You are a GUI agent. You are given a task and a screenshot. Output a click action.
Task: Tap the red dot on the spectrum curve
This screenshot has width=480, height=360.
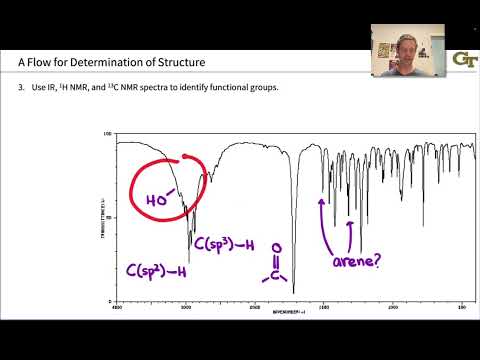(x=186, y=157)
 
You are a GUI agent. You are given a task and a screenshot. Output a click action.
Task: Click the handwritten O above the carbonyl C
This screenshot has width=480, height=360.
(x=276, y=250)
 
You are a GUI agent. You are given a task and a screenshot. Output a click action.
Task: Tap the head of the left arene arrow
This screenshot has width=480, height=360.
(x=321, y=201)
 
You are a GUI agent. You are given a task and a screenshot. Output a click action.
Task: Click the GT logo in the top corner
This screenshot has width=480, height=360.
(x=465, y=59)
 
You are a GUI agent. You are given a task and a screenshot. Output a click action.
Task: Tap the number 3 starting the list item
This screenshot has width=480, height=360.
(x=20, y=89)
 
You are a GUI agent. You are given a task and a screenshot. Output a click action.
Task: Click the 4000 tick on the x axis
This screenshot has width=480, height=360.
(x=117, y=308)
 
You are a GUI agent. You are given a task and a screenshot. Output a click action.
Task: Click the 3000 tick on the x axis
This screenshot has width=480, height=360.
(x=186, y=308)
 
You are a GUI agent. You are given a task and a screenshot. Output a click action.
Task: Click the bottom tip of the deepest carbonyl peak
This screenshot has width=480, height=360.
(x=294, y=292)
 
